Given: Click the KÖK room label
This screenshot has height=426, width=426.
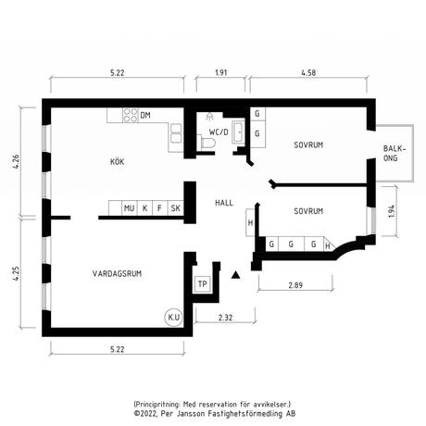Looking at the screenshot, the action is point(117,162).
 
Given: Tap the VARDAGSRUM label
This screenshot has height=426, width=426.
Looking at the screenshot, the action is point(117,273).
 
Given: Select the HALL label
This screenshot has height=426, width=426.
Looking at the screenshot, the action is point(224,203).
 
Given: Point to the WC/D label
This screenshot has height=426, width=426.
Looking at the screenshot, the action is point(219,132).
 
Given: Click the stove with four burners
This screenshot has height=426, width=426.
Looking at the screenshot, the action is point(131,115).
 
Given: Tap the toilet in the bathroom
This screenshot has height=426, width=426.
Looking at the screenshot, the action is point(207,144).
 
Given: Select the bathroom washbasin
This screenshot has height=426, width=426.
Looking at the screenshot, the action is point(238,132).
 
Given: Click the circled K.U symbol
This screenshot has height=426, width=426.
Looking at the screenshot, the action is point(174,317).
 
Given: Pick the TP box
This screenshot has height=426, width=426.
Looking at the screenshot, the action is point(203,284).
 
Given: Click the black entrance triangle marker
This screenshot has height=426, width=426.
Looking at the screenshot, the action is point(236,275).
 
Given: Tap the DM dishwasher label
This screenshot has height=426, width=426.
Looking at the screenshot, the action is point(145,116).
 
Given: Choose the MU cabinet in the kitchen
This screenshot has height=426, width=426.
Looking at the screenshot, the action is point(130,208).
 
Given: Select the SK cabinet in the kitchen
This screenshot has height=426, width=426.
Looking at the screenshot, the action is point(175,208).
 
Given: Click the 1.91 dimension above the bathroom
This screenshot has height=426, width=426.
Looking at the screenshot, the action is point(221,73).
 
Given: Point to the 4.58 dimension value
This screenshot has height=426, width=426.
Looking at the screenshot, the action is point(308,73).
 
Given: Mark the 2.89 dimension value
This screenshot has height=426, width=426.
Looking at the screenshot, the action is point(295,285).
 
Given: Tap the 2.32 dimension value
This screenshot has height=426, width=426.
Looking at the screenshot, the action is point(225,318).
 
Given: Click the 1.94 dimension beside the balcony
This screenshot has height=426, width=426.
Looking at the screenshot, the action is point(392,211).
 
